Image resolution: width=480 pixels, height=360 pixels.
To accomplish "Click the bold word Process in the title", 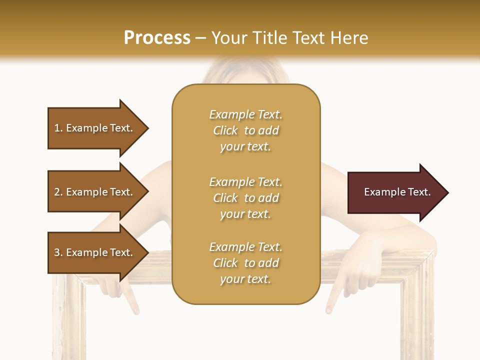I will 157,37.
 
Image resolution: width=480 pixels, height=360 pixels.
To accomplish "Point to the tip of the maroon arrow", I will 447,192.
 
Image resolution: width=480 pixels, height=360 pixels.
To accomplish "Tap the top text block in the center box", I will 245,130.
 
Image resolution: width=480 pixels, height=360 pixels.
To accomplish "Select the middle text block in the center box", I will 245,198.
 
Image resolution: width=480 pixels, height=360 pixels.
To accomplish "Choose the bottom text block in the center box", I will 245,263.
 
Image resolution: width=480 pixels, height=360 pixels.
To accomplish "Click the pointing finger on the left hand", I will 131,304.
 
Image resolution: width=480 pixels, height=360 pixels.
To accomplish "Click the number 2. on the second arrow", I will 58,192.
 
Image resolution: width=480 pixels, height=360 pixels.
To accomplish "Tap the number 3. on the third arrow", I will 58,252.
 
